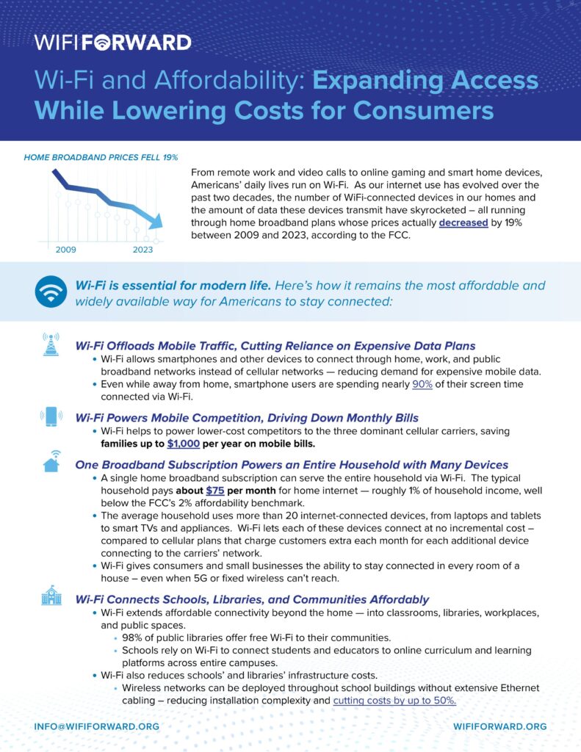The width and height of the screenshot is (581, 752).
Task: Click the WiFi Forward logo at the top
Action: coord(112,43)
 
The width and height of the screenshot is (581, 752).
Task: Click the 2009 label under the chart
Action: coord(66,250)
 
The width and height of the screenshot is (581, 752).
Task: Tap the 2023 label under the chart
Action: coord(143,250)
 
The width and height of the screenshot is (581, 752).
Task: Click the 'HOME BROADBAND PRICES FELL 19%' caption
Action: coord(101,157)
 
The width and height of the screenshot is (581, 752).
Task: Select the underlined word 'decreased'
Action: coord(463,223)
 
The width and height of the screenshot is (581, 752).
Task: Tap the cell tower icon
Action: coord(51,344)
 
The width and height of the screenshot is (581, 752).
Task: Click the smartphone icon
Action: coord(51,416)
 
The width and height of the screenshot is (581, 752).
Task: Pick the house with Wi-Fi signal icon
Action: coord(51,460)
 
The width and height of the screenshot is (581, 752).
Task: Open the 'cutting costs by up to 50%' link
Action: coord(394,701)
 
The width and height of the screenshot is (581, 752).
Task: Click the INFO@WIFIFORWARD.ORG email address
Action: coord(96,726)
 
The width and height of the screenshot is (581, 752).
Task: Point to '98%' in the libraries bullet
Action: coord(134,637)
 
